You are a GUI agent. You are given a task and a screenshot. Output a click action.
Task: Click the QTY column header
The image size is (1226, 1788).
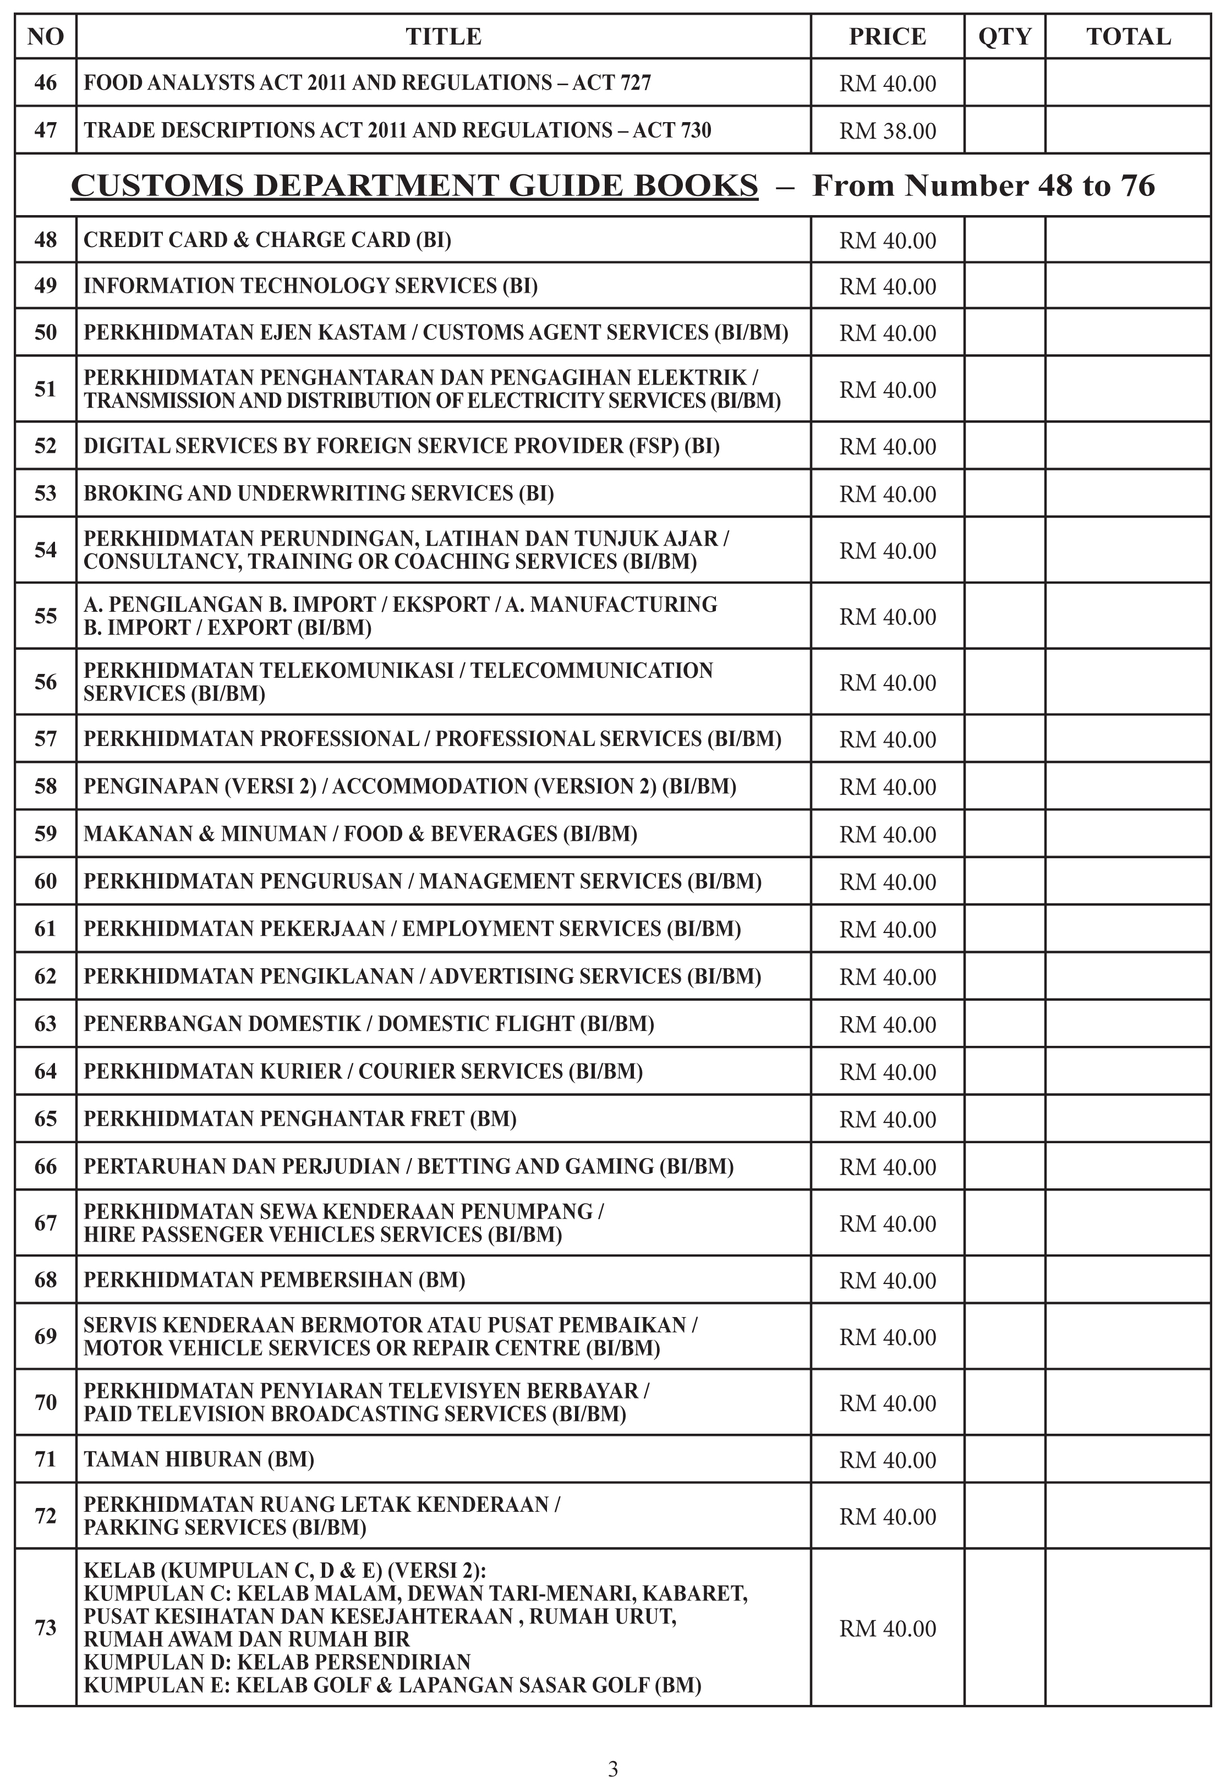1004,37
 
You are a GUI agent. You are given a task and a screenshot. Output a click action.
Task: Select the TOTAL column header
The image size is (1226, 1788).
1128,37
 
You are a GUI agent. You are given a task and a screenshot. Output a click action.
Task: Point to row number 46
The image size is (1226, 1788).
46,83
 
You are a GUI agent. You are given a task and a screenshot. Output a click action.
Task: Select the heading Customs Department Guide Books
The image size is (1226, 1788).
414,185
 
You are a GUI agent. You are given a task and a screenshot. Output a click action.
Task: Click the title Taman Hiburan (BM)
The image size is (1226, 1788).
199,1458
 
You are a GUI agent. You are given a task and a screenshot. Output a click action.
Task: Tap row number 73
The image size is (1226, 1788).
46,1627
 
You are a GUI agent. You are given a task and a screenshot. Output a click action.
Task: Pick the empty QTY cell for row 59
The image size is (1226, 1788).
1004,834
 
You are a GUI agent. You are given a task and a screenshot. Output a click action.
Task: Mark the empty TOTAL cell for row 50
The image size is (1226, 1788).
1128,332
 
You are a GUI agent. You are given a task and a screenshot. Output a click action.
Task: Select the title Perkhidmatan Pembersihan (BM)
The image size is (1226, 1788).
274,1280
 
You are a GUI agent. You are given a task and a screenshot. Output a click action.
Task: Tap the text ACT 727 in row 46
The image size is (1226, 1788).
612,83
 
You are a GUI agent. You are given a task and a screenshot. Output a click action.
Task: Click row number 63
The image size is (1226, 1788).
46,1023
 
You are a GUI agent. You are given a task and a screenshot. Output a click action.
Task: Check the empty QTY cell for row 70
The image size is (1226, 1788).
1004,1402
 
